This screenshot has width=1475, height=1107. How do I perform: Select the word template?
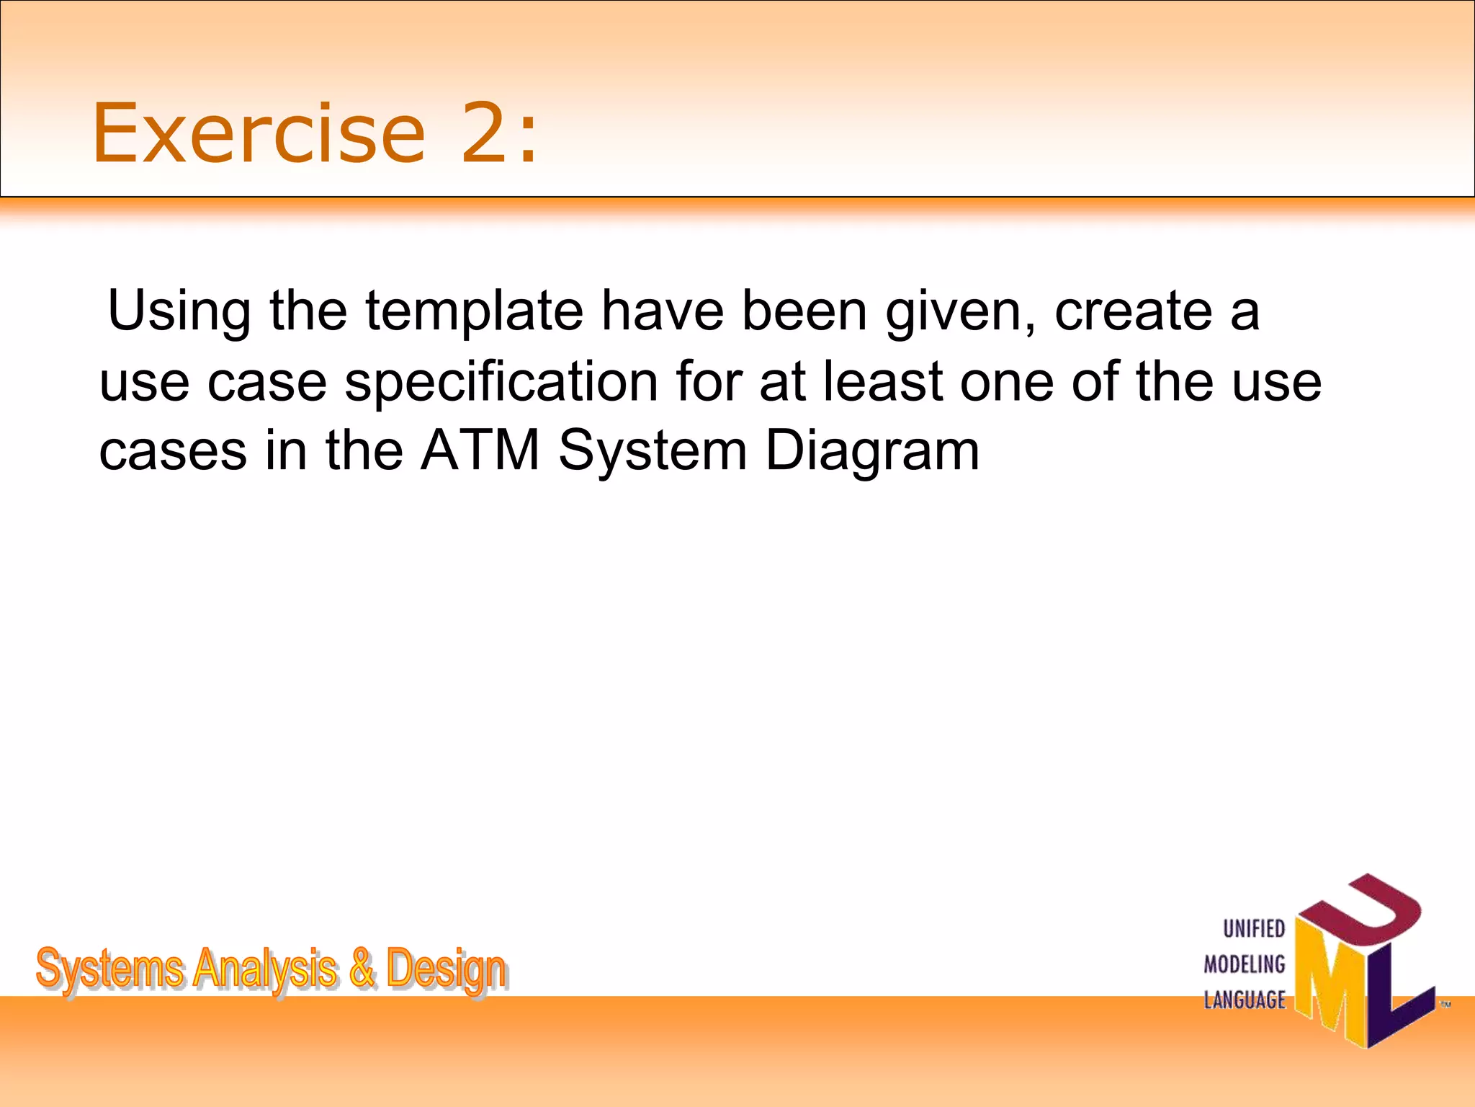(474, 311)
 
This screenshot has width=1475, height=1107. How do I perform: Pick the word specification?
(501, 381)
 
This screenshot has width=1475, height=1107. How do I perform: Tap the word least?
(883, 381)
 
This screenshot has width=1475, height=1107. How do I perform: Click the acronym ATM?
(480, 451)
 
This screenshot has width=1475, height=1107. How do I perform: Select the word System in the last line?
(653, 451)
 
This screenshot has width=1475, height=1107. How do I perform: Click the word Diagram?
(872, 451)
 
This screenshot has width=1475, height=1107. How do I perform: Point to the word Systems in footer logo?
(109, 970)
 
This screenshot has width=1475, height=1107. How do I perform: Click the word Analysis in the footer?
(265, 970)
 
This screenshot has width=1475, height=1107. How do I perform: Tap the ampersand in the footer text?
(362, 969)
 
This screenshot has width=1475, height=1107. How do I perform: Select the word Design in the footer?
(446, 970)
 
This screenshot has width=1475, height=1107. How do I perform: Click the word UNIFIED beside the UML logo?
(1254, 929)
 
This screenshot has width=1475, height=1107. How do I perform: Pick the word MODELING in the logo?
(1245, 964)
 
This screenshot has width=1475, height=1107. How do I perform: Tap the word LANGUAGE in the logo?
(1245, 1000)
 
